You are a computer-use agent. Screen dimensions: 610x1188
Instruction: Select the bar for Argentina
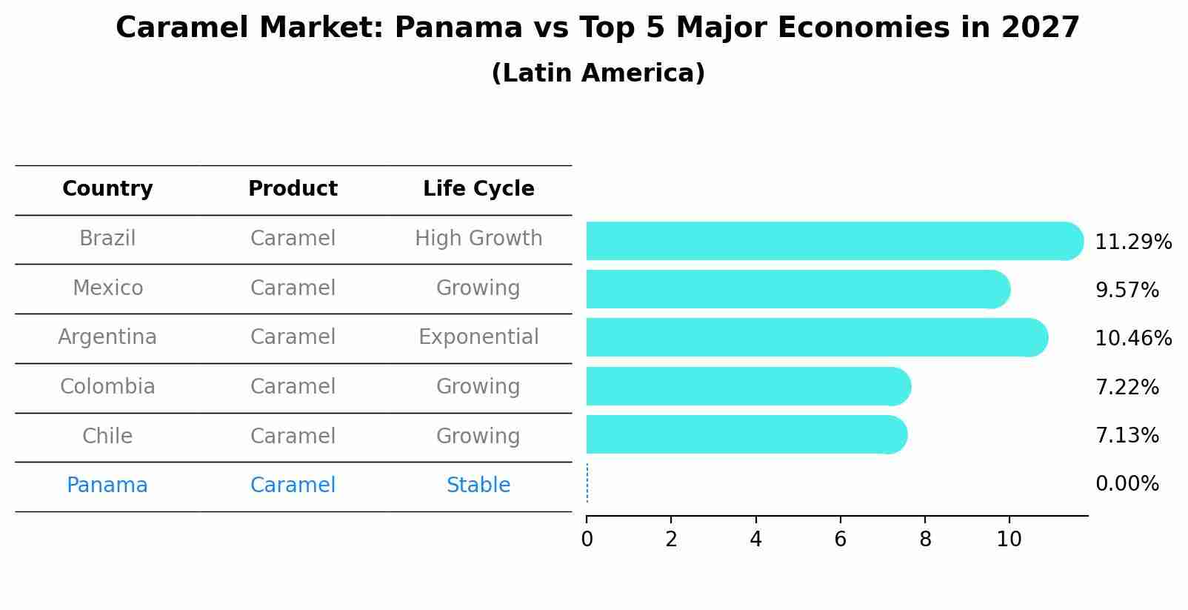(815, 337)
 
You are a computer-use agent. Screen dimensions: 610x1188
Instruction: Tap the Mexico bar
(796, 289)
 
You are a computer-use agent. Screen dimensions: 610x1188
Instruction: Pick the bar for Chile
(744, 434)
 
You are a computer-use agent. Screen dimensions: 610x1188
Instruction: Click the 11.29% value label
(1132, 242)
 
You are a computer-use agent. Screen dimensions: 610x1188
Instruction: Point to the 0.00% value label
(1127, 484)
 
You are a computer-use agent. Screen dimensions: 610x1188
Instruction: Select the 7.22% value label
(1127, 387)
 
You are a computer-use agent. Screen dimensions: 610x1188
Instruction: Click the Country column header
(107, 189)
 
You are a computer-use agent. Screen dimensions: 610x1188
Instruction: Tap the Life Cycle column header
(478, 189)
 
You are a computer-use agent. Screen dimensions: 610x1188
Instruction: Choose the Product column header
(293, 189)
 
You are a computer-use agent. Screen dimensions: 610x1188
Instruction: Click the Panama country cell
(107, 485)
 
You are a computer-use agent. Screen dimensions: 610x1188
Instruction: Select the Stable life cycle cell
(478, 485)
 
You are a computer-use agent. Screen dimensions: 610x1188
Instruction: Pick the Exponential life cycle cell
(478, 337)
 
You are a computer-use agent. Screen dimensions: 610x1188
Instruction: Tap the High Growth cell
(478, 239)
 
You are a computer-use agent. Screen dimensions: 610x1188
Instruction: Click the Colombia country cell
(107, 387)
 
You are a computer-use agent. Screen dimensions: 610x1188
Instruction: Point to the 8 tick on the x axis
(925, 539)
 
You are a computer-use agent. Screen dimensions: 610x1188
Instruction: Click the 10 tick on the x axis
(1009, 539)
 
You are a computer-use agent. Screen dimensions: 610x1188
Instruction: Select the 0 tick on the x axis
(587, 539)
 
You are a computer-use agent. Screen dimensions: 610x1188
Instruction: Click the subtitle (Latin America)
(598, 73)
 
